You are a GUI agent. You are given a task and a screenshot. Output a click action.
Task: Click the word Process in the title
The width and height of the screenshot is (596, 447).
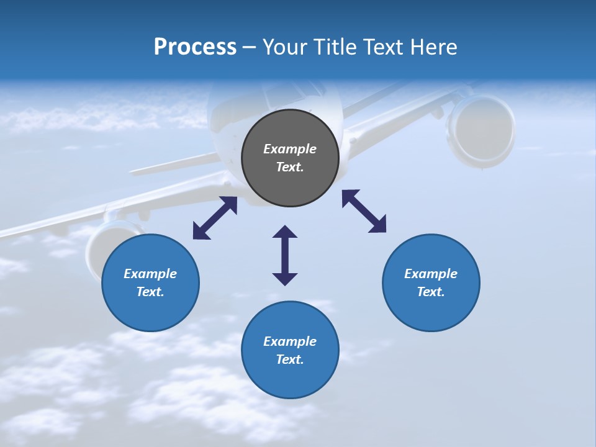click(195, 47)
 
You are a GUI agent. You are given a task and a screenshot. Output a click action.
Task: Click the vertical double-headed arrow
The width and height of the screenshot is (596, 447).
click(285, 255)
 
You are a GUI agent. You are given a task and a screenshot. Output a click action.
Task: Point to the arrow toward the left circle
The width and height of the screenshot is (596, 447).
click(215, 218)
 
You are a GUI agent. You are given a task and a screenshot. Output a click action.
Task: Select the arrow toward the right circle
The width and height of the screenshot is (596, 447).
click(364, 211)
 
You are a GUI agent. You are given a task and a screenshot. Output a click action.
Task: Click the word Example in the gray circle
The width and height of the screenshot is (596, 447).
click(290, 149)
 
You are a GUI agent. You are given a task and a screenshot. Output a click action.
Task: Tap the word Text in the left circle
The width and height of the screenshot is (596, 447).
click(150, 292)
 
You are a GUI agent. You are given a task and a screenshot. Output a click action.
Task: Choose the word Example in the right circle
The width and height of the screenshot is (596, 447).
click(431, 274)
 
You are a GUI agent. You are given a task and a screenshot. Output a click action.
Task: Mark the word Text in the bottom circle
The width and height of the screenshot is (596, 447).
click(290, 359)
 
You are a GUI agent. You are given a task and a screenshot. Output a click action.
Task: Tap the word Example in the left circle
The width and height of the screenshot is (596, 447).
click(150, 274)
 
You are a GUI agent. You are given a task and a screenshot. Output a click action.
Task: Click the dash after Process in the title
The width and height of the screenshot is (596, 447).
click(250, 47)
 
